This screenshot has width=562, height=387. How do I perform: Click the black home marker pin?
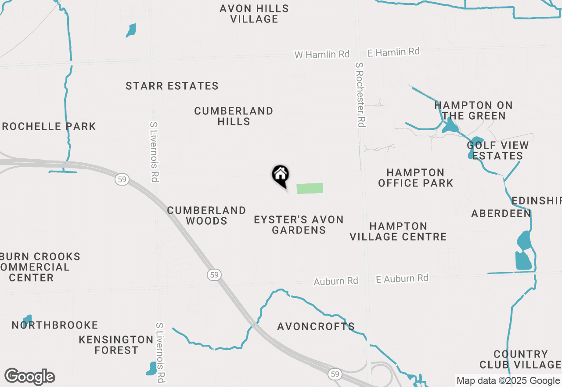click(x=280, y=175)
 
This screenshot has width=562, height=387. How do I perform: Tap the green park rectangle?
click(x=310, y=188)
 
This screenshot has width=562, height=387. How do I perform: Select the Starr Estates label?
click(x=172, y=86)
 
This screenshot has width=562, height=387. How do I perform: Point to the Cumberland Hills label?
click(x=234, y=116)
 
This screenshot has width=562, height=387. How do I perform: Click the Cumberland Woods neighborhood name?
click(x=206, y=215)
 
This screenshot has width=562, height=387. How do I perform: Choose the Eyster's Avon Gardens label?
click(x=299, y=225)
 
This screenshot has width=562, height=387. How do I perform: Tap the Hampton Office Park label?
click(x=415, y=178)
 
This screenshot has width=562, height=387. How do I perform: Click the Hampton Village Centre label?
click(x=398, y=231)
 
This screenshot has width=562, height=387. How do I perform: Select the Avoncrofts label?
click(x=316, y=326)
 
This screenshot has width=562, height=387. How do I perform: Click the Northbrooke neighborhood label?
click(x=55, y=325)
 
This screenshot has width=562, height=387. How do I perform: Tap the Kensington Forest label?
click(x=116, y=345)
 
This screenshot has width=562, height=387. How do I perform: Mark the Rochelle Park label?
click(x=49, y=127)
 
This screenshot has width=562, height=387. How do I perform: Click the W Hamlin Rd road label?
click(x=322, y=55)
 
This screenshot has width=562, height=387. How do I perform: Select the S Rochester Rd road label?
click(x=360, y=95)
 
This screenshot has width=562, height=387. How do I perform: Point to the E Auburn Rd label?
click(x=402, y=278)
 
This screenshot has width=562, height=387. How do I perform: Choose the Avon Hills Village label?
click(x=254, y=14)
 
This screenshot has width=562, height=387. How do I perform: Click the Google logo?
click(x=29, y=377)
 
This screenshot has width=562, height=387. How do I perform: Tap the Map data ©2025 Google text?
click(x=508, y=381)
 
